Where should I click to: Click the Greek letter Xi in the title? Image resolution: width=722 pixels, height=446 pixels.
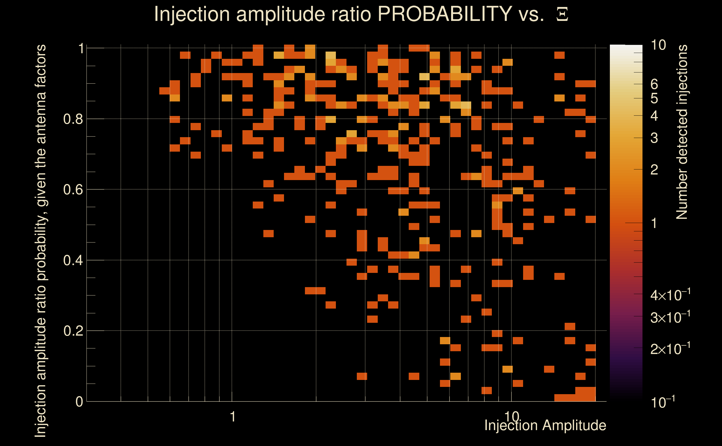tap(562, 14)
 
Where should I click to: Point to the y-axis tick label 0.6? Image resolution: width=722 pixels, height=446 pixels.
tap(73, 189)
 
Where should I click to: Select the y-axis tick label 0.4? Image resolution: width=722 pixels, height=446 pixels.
tap(73, 260)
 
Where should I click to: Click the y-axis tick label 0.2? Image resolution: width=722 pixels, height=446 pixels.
tap(73, 331)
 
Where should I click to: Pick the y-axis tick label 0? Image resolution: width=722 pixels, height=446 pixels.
tap(79, 401)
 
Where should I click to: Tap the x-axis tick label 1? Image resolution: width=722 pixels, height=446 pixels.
tap(233, 416)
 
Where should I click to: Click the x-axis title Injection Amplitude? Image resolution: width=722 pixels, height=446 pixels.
tap(545, 425)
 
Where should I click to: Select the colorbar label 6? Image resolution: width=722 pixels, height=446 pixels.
tap(654, 84)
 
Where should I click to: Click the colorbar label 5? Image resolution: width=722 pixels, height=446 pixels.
tap(654, 98)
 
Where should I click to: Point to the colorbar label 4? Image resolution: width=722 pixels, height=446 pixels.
tap(654, 116)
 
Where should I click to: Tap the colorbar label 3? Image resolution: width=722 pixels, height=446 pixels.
tap(654, 138)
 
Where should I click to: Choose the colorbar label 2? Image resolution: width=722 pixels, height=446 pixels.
tap(654, 169)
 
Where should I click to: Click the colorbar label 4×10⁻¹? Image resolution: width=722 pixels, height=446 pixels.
tap(670, 295)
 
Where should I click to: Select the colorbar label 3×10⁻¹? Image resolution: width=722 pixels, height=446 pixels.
tap(670, 317)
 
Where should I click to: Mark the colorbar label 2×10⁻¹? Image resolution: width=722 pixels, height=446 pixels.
tap(670, 349)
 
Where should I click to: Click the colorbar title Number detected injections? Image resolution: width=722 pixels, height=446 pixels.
tap(682, 132)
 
